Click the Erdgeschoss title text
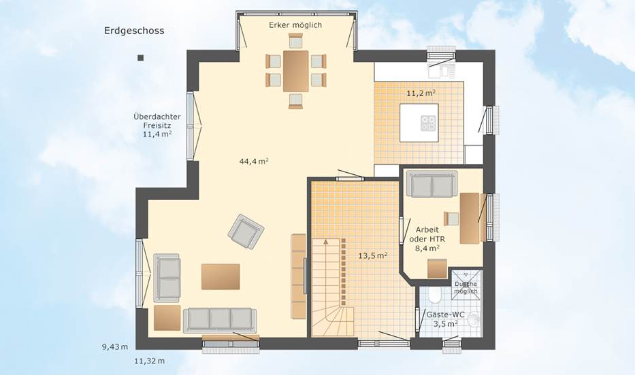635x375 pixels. pyautogui.click(x=134, y=31)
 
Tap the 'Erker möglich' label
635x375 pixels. pyautogui.click(x=295, y=25)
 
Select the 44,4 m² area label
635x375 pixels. pyautogui.click(x=254, y=161)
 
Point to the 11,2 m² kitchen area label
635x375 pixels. pyautogui.click(x=421, y=93)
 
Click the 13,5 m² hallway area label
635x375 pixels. pyautogui.click(x=372, y=255)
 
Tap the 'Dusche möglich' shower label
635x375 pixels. pyautogui.click(x=466, y=287)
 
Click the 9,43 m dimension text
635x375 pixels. pyautogui.click(x=115, y=346)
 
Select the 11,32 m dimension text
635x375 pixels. pyautogui.click(x=150, y=361)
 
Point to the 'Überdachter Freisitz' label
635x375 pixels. pyautogui.click(x=157, y=120)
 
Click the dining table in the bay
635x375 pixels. pyautogui.click(x=295, y=71)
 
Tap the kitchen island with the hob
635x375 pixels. pyautogui.click(x=419, y=123)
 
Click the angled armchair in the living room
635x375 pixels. pyautogui.click(x=246, y=231)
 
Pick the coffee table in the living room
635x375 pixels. pyautogui.click(x=221, y=276)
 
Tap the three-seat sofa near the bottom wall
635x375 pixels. pyautogui.click(x=220, y=320)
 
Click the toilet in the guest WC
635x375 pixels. pyautogui.click(x=434, y=295)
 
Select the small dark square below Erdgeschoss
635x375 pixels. pyautogui.click(x=140, y=58)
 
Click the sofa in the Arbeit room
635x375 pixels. pyautogui.click(x=432, y=184)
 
